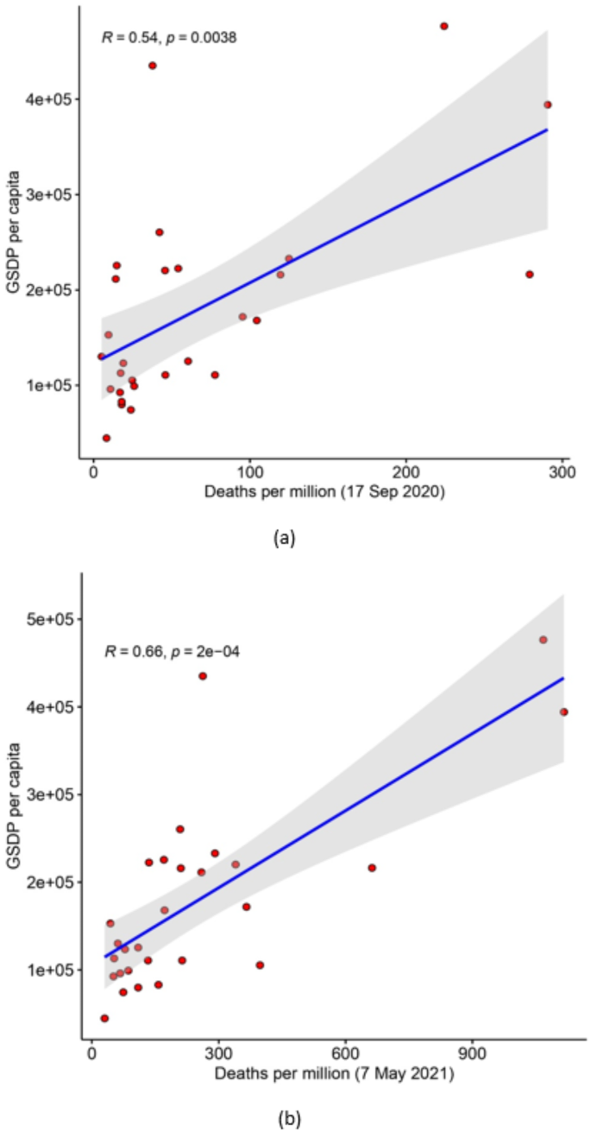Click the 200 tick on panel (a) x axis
tap(406, 474)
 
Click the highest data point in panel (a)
tap(444, 26)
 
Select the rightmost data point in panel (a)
tap(547, 104)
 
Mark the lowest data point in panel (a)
tap(106, 438)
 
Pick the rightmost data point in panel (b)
tap(563, 711)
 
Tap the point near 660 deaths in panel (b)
tap(372, 868)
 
